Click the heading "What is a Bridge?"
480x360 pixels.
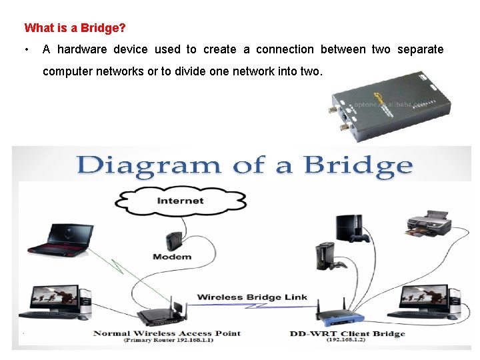tap(75, 29)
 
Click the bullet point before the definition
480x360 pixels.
tap(25, 49)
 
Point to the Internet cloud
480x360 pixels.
tap(180, 201)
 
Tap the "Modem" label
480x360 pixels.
tap(172, 257)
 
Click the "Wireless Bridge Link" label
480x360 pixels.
tap(252, 297)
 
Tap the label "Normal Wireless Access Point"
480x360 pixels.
tap(167, 333)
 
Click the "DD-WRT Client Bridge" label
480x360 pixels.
tap(347, 333)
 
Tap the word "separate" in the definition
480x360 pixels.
tap(421, 49)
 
